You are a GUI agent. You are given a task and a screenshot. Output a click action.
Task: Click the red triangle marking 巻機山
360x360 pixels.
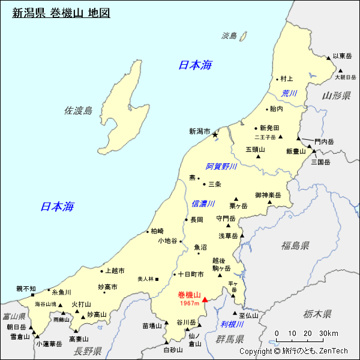click(x=205, y=299)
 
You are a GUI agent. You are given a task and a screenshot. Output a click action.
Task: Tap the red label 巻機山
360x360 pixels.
click(x=189, y=295)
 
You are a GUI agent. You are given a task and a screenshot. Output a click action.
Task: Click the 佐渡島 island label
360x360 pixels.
click(x=79, y=110)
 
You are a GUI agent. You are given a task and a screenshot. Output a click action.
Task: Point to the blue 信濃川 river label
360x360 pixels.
click(x=203, y=204)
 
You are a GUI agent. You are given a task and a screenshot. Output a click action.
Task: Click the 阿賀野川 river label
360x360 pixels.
click(x=221, y=166)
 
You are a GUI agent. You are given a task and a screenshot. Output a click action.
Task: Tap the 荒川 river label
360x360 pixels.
click(x=289, y=93)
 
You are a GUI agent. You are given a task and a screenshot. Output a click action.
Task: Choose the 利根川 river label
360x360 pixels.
click(x=232, y=324)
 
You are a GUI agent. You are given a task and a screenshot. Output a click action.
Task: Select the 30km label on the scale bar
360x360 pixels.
click(x=329, y=334)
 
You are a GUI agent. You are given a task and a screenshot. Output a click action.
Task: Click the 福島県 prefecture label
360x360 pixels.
click(x=295, y=245)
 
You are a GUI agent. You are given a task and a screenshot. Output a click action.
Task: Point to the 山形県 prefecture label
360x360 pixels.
click(x=335, y=96)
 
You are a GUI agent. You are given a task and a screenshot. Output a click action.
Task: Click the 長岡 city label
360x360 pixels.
click(x=197, y=220)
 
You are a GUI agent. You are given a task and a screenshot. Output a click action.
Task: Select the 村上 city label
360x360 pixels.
click(x=287, y=79)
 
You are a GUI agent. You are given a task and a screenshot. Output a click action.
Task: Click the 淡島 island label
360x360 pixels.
click(x=230, y=36)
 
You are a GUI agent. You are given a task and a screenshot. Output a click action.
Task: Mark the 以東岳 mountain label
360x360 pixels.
click(x=342, y=55)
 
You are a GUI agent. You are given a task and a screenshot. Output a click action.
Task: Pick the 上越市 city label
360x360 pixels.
click(x=114, y=271)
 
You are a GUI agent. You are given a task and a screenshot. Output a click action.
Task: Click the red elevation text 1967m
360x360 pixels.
click(x=190, y=304)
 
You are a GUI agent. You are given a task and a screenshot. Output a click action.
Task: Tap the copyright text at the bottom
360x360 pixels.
click(x=293, y=351)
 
